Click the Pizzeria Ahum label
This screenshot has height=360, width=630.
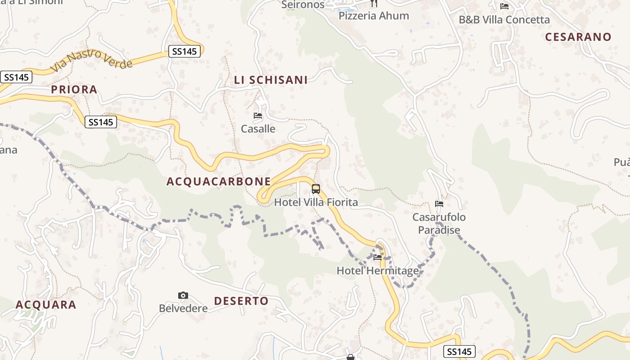[373, 16]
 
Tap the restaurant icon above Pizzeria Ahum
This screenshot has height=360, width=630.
[373, 4]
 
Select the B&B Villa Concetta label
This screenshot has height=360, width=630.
[504, 20]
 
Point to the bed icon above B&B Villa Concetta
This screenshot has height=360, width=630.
[504, 6]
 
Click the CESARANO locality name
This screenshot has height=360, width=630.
[578, 37]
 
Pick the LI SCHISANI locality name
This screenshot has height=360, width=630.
[271, 80]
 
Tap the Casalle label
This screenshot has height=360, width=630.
[258, 129]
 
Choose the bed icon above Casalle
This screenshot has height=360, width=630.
[258, 116]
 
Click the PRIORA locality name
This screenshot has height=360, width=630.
[74, 90]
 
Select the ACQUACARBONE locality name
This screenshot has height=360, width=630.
[219, 181]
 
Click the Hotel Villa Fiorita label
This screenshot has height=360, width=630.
[316, 202]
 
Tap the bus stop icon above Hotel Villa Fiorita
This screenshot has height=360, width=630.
[316, 189]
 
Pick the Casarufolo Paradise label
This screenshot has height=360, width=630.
[439, 224]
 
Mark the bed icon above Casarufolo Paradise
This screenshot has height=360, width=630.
[439, 204]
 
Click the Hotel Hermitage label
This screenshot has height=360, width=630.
[378, 271]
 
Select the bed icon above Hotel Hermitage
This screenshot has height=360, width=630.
[378, 258]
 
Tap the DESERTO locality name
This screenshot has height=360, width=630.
[241, 301]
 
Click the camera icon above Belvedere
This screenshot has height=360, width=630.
[183, 296]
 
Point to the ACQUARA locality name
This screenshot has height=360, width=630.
[46, 305]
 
